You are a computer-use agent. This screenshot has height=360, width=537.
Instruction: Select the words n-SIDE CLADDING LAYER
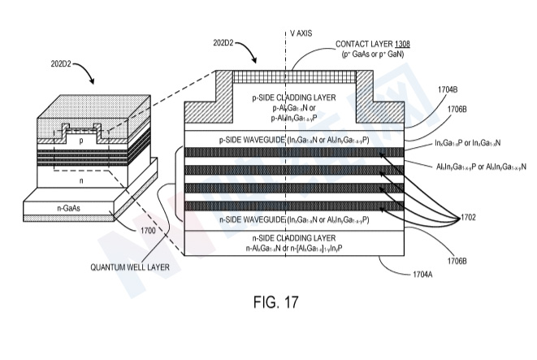point(289,236)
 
